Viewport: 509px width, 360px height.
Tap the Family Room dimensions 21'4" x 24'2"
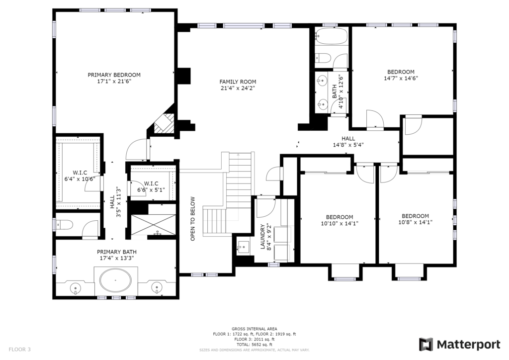point(238,88)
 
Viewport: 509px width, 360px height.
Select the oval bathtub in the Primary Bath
point(116,280)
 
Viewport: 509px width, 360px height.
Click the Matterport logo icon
point(426,345)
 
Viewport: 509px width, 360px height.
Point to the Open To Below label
point(193,219)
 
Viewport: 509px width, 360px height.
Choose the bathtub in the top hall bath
point(331,36)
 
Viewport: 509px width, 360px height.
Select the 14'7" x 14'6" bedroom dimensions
point(401,78)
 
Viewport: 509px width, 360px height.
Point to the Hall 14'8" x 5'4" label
point(348,142)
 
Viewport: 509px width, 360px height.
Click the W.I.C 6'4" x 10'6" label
point(80,176)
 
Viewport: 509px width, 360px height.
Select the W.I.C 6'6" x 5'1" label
point(151,186)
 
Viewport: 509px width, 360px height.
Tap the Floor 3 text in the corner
point(19,350)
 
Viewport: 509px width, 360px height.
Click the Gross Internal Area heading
point(254,329)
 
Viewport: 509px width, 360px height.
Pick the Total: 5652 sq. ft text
point(254,345)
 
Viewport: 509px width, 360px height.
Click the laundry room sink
point(243,247)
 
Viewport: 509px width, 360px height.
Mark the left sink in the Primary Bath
point(76,288)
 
